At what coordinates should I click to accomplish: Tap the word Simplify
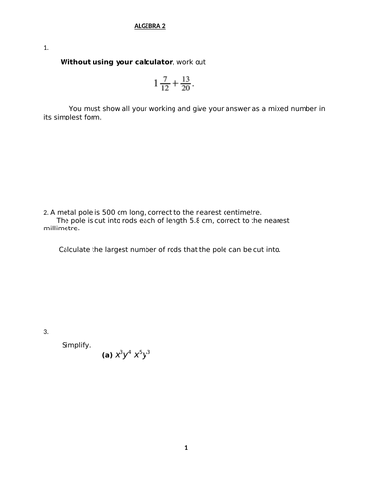(76, 344)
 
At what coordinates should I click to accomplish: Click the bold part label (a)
(108, 355)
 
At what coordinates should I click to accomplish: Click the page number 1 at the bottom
(186, 447)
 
